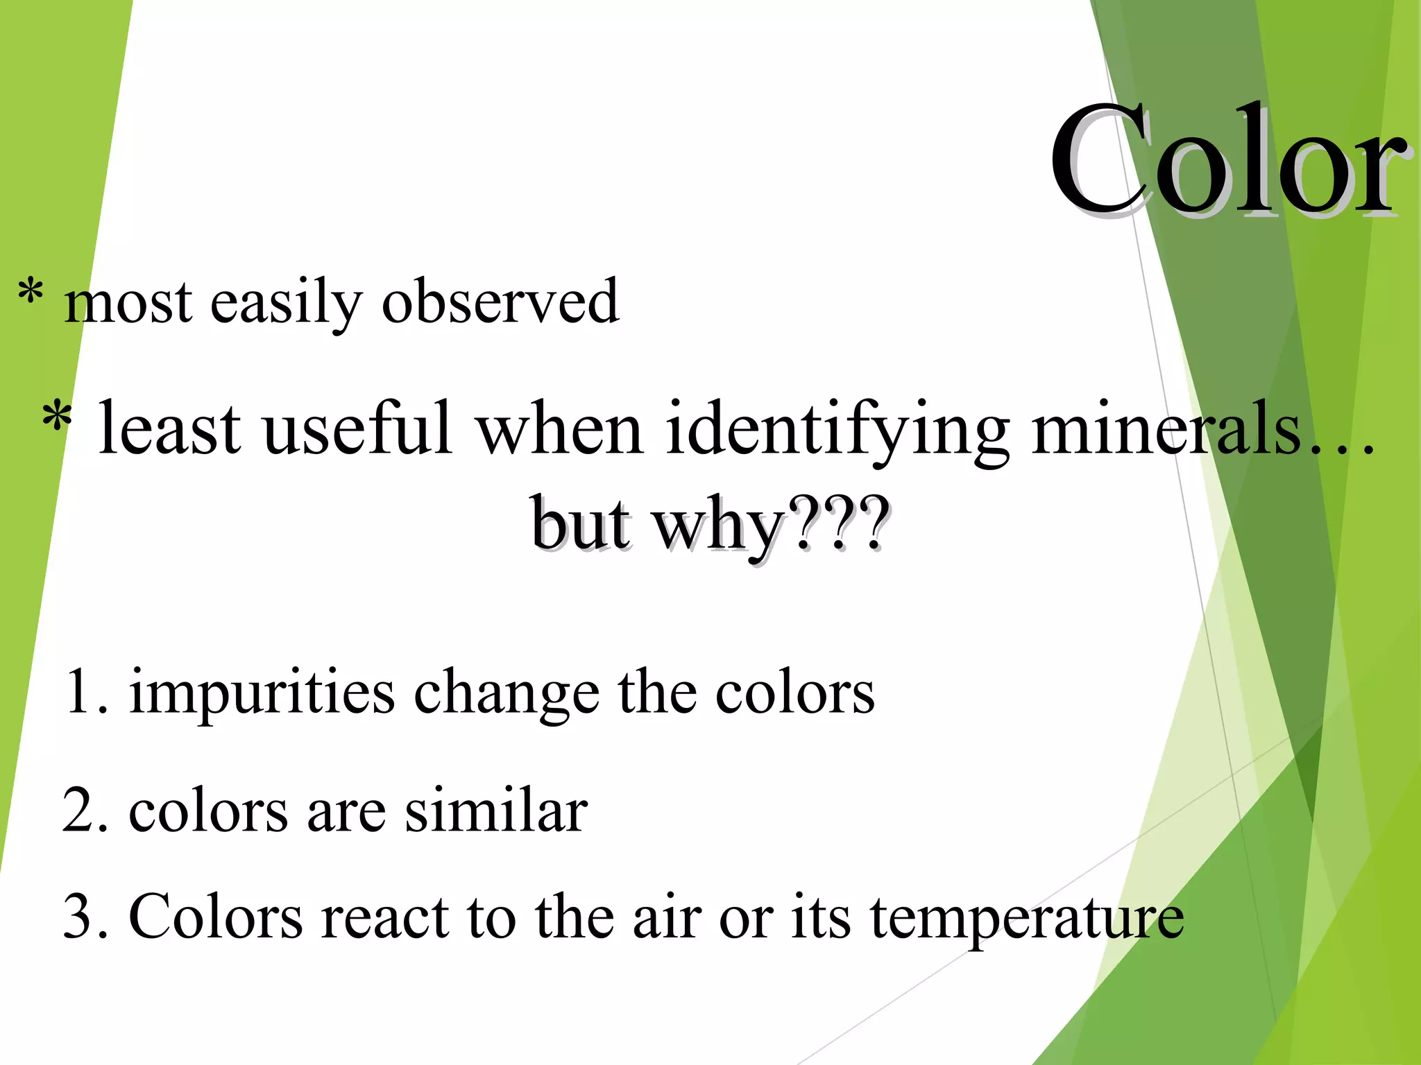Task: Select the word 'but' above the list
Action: (x=581, y=524)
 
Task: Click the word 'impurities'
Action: (x=262, y=693)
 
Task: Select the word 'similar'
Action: (x=496, y=811)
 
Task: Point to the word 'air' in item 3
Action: (x=666, y=917)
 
